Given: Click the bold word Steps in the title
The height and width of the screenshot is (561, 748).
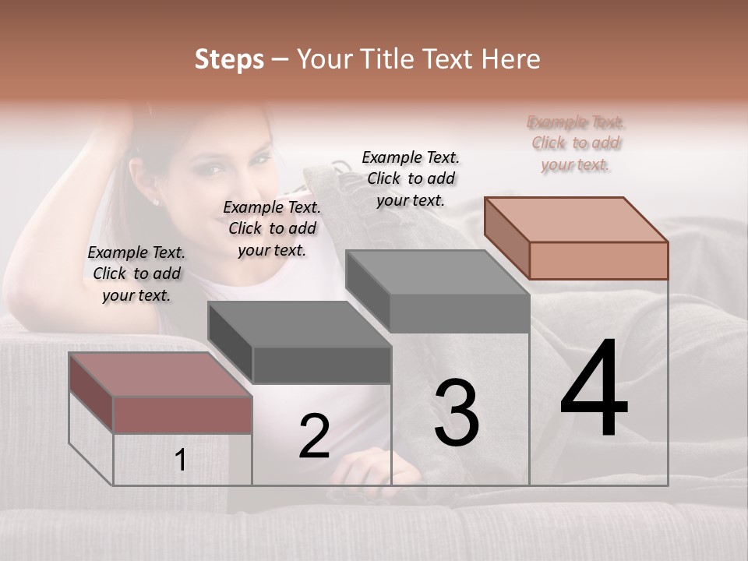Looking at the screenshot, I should (229, 59).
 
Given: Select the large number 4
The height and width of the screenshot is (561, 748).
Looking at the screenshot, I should (594, 390).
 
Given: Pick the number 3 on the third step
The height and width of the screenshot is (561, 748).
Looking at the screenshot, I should (457, 413).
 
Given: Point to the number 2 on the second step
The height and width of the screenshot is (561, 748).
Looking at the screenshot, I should (314, 436).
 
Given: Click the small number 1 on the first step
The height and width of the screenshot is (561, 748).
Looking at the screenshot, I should (181, 460).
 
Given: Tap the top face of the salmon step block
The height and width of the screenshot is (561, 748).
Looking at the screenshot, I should (575, 220).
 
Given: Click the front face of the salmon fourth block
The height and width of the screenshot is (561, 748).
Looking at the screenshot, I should (598, 260).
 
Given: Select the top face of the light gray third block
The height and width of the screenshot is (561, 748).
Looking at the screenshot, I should (436, 273).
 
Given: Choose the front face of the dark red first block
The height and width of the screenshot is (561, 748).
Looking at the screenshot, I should (182, 415).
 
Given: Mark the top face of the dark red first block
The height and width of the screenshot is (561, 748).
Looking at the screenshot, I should (160, 375).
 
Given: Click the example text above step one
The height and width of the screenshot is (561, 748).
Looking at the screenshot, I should (136, 273).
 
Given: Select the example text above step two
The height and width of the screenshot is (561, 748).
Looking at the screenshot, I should (272, 228).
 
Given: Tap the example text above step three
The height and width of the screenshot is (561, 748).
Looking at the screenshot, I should (411, 178).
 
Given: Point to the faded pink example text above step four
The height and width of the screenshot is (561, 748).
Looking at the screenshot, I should (577, 143).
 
